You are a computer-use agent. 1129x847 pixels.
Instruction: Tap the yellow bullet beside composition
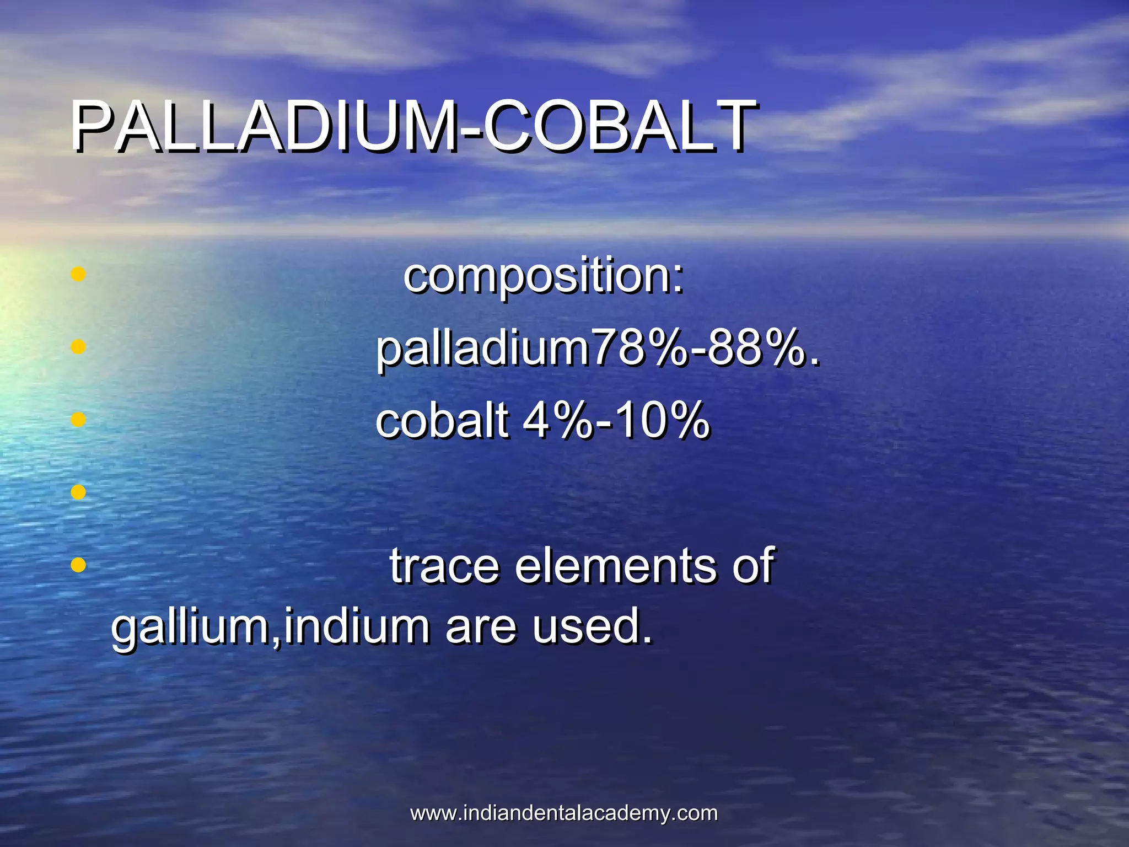pyautogui.click(x=79, y=274)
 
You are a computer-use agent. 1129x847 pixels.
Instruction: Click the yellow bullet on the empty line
pyautogui.click(x=79, y=492)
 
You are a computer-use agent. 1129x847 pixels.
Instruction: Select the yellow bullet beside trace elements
pyautogui.click(x=79, y=565)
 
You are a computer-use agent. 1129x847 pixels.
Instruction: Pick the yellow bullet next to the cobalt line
pyautogui.click(x=79, y=420)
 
